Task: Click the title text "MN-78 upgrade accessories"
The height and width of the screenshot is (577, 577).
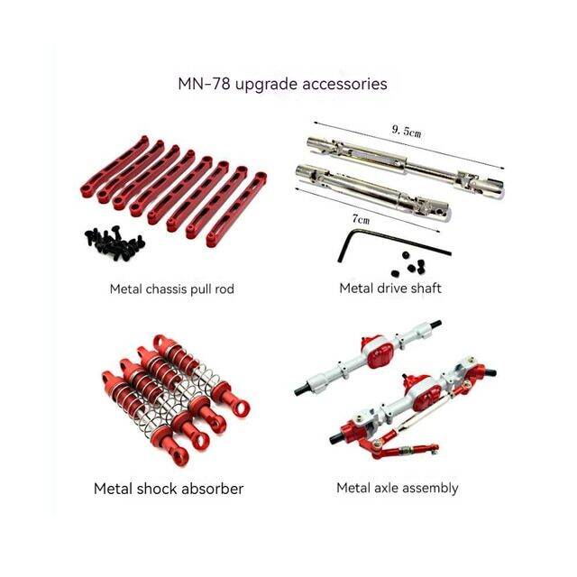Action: pos(282,84)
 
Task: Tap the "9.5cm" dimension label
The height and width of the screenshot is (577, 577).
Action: pos(407,131)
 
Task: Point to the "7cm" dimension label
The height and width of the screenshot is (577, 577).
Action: pos(361,219)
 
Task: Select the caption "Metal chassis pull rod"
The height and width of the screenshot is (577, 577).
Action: pos(172,288)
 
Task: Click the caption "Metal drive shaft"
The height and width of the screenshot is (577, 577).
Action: pos(390,288)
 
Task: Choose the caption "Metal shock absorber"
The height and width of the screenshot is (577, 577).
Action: pos(169,489)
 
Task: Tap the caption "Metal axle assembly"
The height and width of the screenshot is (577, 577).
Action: pos(398,488)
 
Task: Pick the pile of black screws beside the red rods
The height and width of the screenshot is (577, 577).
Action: pos(114,243)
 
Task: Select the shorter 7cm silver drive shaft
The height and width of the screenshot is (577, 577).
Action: pos(372,192)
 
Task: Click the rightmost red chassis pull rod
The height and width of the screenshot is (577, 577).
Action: pos(236,209)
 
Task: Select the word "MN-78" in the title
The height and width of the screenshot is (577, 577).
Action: pos(205,84)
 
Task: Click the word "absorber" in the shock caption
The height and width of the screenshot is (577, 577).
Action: pos(212,489)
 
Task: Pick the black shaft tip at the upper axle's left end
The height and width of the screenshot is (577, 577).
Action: pos(298,390)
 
